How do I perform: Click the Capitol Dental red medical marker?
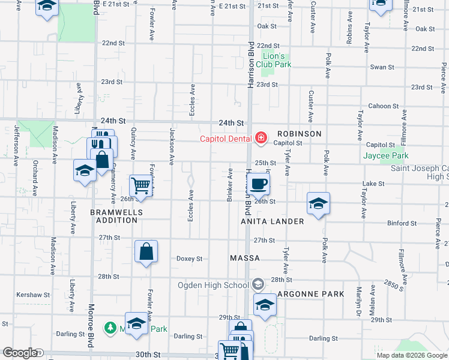coord(261,139)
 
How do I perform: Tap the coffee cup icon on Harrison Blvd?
coord(259,184)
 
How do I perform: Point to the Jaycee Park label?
coord(386,156)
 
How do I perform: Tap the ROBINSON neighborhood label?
coord(299,134)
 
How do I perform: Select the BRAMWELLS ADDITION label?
coord(114,216)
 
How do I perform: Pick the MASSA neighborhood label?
coord(245,258)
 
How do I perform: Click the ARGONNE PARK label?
coord(311,294)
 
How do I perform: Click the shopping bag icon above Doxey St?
coord(146,251)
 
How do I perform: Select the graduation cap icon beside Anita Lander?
coord(319,203)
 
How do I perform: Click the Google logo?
coord(20,353)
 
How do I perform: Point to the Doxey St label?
coord(189,259)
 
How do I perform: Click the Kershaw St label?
coord(34,295)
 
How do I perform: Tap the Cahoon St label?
coord(379,106)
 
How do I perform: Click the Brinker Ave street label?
coord(230,185)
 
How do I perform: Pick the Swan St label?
coord(382,67)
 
